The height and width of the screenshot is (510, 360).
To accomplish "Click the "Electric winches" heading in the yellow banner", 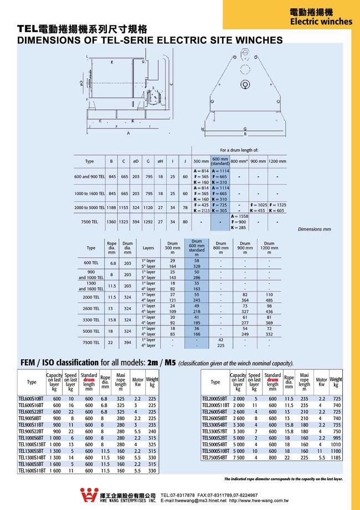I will pyautogui.click(x=321, y=22).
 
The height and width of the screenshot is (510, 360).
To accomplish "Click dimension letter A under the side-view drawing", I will pyautogui.click(x=128, y=134).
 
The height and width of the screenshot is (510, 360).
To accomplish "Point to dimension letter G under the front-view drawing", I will pyautogui.click(x=245, y=129).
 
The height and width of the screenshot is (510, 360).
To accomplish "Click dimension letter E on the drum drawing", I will pyautogui.click(x=112, y=62).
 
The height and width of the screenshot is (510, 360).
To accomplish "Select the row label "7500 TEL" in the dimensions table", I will pyautogui.click(x=89, y=222).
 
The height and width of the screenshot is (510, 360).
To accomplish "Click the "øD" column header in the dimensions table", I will pyautogui.click(x=136, y=161).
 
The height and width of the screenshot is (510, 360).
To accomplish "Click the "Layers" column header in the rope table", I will pyautogui.click(x=148, y=248).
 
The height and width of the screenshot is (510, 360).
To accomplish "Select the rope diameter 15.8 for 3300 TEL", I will pyautogui.click(x=112, y=319).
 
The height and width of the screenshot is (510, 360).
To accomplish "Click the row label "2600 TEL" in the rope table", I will pyautogui.click(x=91, y=308).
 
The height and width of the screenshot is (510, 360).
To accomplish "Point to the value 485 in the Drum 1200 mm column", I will pyautogui.click(x=269, y=300).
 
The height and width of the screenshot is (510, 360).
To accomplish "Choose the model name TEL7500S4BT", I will pyautogui.click(x=215, y=458).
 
